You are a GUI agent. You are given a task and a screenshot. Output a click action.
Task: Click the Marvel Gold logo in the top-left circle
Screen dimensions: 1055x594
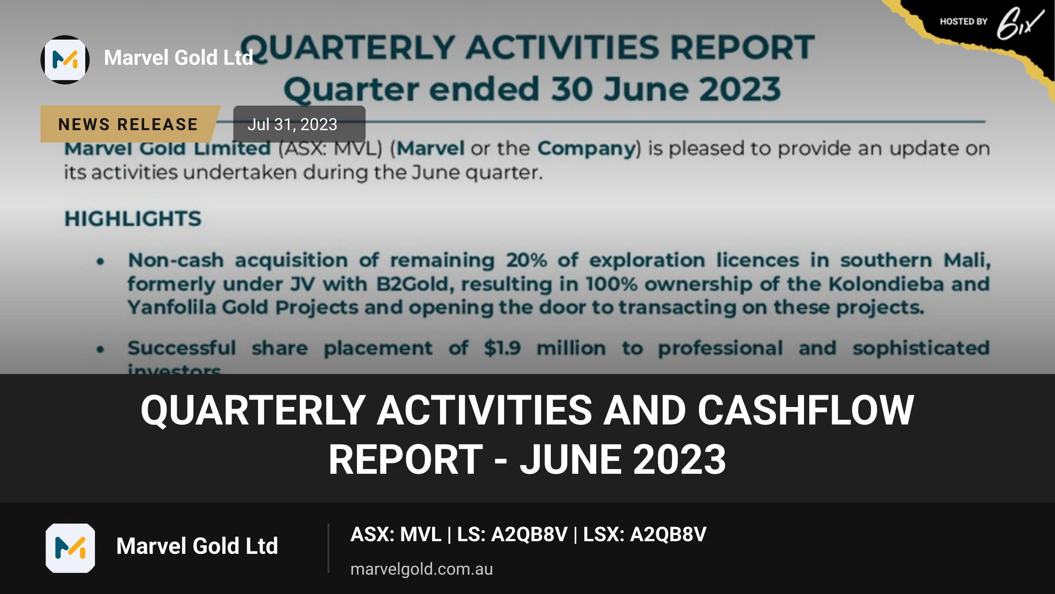tap(65, 60)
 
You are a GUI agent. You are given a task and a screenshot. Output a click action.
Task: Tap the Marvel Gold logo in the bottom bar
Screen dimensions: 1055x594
tap(70, 548)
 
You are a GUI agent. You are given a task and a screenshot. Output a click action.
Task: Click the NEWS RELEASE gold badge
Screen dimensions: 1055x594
tap(128, 124)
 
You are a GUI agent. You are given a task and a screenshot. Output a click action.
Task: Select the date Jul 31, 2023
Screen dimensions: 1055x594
tap(292, 125)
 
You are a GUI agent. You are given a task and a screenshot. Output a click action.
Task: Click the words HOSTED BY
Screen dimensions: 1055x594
tap(964, 22)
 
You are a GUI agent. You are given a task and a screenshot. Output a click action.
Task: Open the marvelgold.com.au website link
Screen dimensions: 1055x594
tap(422, 569)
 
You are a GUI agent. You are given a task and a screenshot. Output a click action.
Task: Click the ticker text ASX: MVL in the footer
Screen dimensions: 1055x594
tap(396, 534)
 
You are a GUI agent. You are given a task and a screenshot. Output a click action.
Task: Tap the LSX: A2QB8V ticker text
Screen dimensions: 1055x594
tap(645, 534)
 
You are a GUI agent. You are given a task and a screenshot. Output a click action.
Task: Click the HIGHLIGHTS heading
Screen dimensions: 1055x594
tap(133, 219)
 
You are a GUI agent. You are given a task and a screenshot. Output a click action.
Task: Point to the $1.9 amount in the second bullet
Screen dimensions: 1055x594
tap(502, 348)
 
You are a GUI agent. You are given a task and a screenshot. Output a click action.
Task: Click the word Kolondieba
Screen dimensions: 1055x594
tap(886, 284)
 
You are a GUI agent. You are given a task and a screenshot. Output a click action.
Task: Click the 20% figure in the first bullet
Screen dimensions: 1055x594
tap(527, 260)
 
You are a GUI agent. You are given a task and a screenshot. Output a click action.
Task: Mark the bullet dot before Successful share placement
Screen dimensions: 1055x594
tap(101, 349)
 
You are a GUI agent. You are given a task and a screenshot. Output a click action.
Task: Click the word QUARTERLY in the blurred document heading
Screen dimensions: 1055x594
tap(347, 48)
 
